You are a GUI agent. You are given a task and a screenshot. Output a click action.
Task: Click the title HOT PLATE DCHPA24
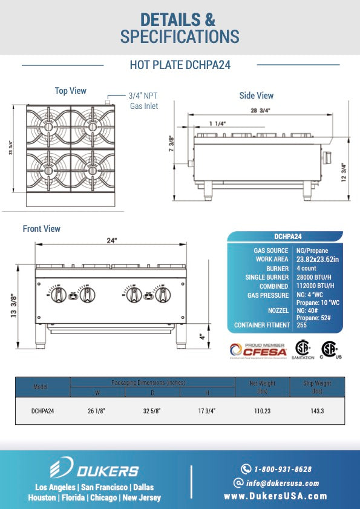pos(180,65)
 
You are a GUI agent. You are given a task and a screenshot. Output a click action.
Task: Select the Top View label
pos(71,91)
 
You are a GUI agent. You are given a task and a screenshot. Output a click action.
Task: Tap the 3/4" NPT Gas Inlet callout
pos(143,101)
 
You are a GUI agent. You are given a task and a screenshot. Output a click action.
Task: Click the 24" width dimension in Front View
pos(111,240)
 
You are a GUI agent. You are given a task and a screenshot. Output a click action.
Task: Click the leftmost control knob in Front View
pos(59,295)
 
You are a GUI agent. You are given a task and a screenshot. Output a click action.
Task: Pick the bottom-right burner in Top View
pos(92,169)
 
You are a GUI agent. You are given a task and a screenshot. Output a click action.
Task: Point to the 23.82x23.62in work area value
pos(318,259)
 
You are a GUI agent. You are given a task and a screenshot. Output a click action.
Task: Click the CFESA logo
pos(254,350)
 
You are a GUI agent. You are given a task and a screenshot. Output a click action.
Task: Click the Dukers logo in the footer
pos(94,470)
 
